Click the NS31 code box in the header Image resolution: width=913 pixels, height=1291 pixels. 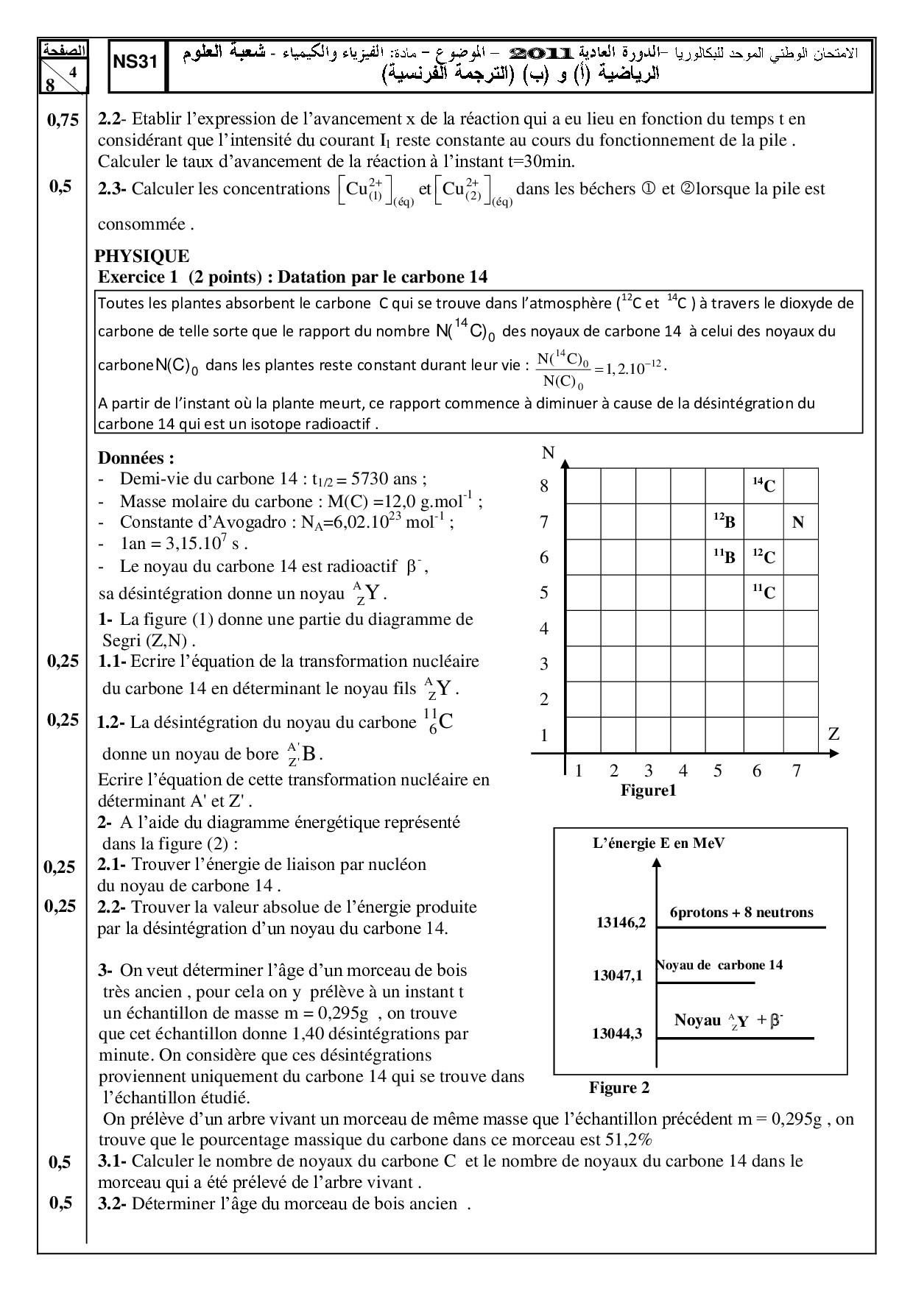point(136,63)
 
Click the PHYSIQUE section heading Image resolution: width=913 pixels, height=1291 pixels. point(142,256)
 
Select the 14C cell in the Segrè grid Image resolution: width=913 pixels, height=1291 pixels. point(764,485)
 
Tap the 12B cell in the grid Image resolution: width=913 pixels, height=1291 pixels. point(725,522)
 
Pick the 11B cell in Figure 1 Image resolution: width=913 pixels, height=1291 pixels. point(725,557)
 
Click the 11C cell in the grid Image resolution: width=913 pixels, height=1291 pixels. point(764,592)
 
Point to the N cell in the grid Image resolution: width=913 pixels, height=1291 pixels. point(798,523)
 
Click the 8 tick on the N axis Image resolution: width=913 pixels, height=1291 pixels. point(544,486)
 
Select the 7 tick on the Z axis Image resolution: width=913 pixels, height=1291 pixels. point(796,771)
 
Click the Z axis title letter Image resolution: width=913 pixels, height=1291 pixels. point(833,734)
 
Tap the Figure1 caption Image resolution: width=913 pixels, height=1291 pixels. point(648,790)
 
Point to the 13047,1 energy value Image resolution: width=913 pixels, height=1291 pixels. point(618,976)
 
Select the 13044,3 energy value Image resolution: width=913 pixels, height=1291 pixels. point(617,1033)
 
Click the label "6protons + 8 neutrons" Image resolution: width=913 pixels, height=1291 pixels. point(741,913)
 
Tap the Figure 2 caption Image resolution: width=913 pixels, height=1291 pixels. point(619,1088)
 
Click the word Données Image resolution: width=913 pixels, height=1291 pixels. point(136,458)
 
